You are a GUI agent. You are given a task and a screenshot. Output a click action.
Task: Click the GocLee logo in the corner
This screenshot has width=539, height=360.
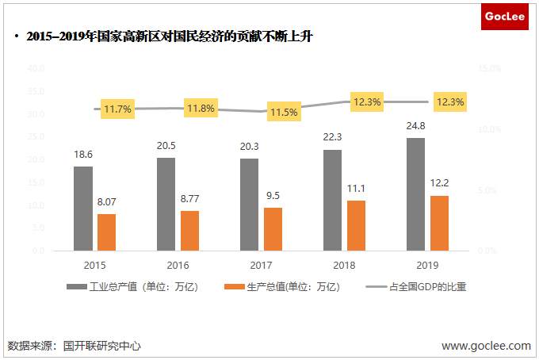[x=505, y=16]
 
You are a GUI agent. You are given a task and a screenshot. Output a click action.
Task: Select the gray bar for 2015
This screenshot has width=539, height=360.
[x=83, y=209]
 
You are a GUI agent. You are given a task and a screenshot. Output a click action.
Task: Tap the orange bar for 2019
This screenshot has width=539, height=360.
[x=439, y=223]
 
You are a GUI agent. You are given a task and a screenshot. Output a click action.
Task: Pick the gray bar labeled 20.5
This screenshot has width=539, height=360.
[x=166, y=204]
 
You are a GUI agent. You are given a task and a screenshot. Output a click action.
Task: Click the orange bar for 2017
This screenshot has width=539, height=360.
[x=273, y=229]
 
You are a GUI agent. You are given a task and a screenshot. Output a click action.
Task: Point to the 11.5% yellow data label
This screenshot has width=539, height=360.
[x=283, y=112]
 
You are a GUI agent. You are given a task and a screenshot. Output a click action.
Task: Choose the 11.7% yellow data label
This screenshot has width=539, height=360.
[x=117, y=109]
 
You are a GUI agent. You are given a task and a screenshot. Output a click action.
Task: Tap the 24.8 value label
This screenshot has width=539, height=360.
[x=415, y=125]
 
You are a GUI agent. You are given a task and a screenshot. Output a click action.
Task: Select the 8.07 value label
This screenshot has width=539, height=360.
[x=107, y=201]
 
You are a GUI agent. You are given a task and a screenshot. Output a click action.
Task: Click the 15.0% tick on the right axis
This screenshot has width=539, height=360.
[x=489, y=68]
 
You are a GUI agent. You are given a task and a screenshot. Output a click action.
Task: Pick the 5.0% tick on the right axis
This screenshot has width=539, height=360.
[x=487, y=190]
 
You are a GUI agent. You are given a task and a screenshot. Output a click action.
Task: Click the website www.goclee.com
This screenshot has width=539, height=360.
[x=486, y=346]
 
